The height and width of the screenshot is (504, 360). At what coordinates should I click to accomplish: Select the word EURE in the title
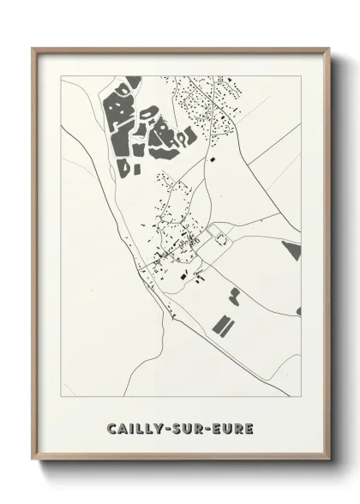[x=234, y=428]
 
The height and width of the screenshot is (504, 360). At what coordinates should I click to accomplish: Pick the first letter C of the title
[x=111, y=428]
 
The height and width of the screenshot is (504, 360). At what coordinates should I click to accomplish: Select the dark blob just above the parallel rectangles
[x=234, y=297]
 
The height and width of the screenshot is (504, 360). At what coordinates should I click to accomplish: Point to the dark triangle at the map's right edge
[x=292, y=250]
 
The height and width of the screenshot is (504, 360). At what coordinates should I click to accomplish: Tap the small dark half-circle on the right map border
[x=298, y=310]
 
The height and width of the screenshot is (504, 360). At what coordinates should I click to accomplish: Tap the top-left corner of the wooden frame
[x=33, y=48]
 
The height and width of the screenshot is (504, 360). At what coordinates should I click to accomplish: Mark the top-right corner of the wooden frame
[x=327, y=48]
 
